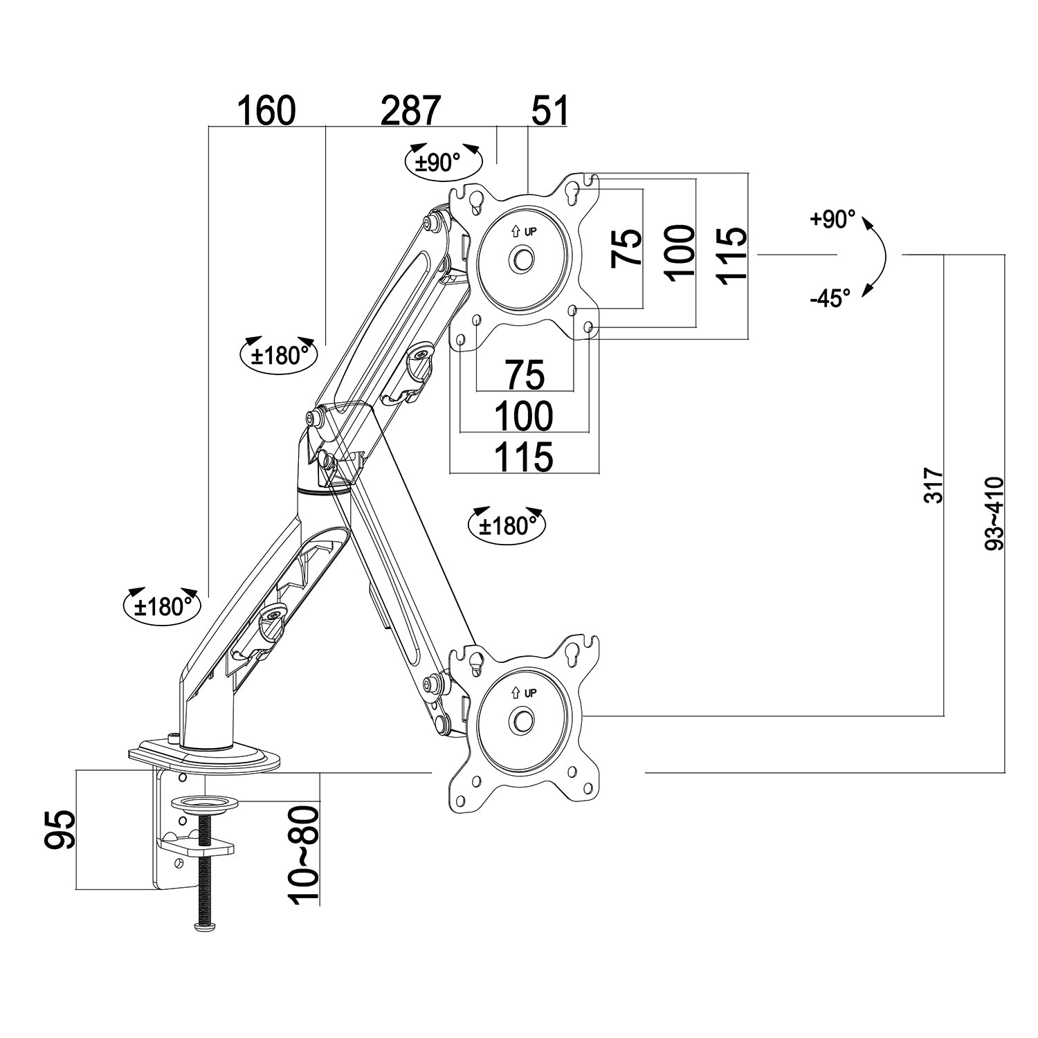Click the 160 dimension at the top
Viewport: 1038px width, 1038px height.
coord(266,111)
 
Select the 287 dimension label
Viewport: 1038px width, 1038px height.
coord(410,111)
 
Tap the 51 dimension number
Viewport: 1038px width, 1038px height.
coord(549,111)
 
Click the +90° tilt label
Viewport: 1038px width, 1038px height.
coord(832,219)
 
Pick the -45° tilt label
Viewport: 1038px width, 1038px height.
coord(830,299)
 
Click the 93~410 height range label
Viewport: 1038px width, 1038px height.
coord(994,512)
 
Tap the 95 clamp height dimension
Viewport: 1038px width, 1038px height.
coord(60,830)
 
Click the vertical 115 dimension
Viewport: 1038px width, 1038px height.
coord(731,255)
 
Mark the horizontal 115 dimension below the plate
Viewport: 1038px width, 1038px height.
coord(523,457)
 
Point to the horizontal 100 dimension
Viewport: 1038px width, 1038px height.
coord(523,416)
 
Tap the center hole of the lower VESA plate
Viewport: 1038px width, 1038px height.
coord(522,720)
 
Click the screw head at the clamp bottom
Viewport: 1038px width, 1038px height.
coord(204,926)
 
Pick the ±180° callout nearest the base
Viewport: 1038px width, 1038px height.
coord(162,606)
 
